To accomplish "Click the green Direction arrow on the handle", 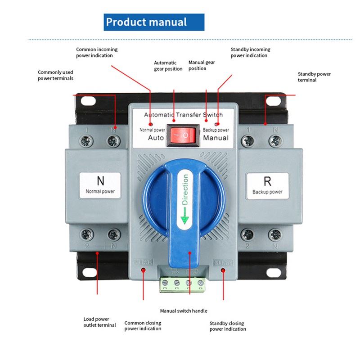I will [184, 219].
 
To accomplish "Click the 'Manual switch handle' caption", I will [184, 311].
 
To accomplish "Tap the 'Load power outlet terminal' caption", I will [99, 322].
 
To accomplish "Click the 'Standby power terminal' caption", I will [314, 77].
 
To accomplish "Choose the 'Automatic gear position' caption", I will [168, 66].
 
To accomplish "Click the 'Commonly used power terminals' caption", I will [55, 75].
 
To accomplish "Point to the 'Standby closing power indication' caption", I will [228, 326].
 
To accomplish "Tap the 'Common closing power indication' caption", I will [143, 326].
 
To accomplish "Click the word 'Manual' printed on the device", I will [216, 138].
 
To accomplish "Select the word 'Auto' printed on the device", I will [156, 138].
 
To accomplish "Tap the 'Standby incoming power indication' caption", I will [250, 53].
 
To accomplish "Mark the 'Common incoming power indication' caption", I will [97, 53].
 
